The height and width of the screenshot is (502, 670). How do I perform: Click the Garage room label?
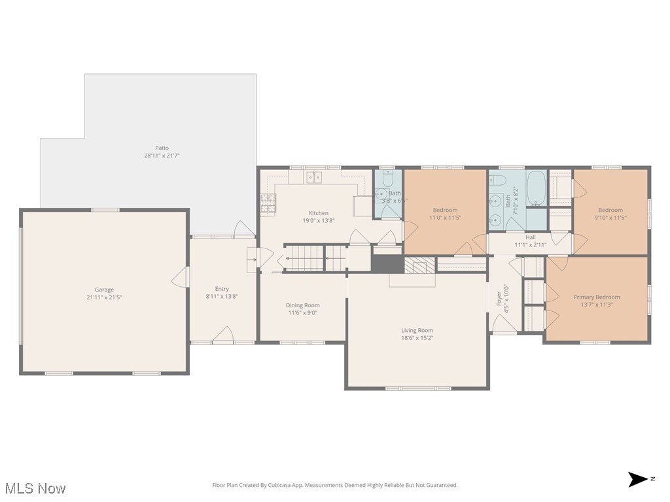pyautogui.click(x=104, y=290)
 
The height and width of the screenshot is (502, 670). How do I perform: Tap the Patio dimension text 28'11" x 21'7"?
pyautogui.click(x=161, y=156)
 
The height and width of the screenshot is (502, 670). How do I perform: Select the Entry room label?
pyautogui.click(x=222, y=289)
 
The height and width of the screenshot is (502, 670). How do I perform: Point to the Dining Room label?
pyautogui.click(x=302, y=305)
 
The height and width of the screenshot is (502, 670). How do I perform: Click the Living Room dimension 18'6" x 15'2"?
pyautogui.click(x=417, y=339)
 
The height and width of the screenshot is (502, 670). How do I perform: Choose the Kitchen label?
pyautogui.click(x=319, y=213)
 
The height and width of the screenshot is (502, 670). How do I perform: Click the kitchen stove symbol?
pyautogui.click(x=268, y=205)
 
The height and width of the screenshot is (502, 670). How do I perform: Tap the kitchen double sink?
pyautogui.click(x=315, y=176)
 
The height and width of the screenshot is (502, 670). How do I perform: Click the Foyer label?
pyautogui.click(x=499, y=299)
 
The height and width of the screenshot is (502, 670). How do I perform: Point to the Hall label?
pyautogui.click(x=530, y=237)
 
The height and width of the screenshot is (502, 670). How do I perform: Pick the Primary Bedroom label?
pyautogui.click(x=596, y=297)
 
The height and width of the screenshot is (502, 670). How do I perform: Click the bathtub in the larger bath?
pyautogui.click(x=537, y=186)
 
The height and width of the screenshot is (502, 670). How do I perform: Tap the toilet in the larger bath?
pyautogui.click(x=497, y=181)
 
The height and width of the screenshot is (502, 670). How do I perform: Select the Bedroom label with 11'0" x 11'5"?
pyautogui.click(x=445, y=210)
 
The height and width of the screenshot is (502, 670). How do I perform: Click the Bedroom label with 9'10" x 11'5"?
pyautogui.click(x=610, y=210)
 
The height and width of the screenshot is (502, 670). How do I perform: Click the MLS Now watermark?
pyautogui.click(x=34, y=488)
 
